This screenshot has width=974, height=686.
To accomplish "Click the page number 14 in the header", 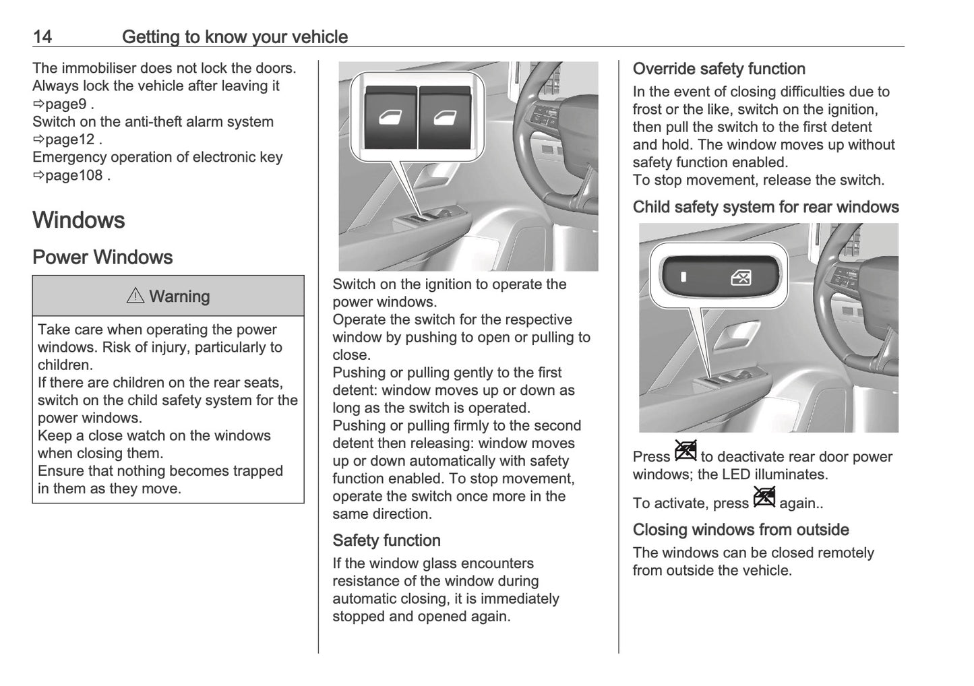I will point(42,36).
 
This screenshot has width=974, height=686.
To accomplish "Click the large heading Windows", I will point(79,220).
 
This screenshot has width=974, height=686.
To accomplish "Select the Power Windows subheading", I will point(102,257).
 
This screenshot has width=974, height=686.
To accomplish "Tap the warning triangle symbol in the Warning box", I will point(135,296).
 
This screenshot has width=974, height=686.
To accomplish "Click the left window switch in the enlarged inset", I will point(390,117).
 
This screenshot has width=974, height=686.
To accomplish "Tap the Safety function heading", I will point(386,540).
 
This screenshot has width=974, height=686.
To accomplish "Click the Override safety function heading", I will point(719,69).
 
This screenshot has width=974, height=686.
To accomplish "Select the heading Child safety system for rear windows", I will point(766,207).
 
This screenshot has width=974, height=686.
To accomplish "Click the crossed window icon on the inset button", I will point(741,277).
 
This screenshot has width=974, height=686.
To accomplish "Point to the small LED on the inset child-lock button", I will point(683,277).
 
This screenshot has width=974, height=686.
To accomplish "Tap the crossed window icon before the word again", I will point(764,497).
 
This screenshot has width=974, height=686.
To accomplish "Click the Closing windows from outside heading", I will point(741,530).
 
